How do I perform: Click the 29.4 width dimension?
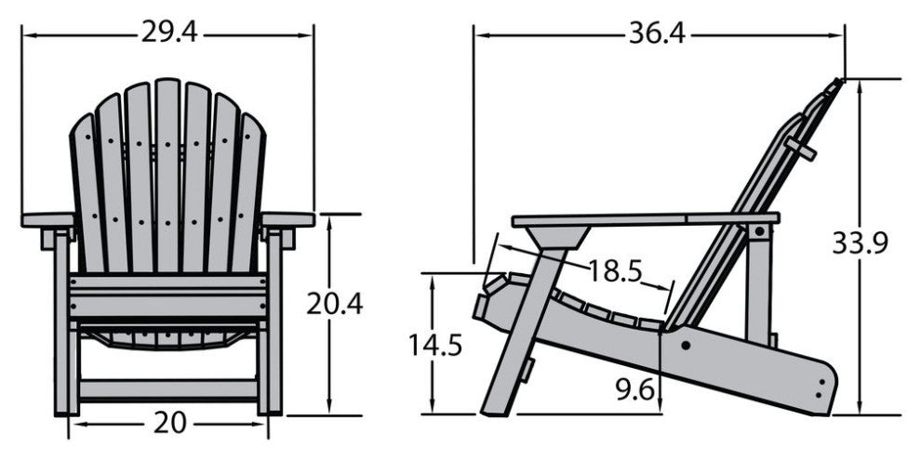[169, 33]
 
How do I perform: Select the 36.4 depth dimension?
[658, 34]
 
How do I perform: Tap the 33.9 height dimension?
[860, 243]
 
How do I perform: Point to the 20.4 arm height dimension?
[334, 304]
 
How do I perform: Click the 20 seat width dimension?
[169, 423]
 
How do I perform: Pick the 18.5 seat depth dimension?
[615, 271]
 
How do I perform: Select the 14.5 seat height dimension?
[435, 345]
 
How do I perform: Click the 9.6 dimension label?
[635, 389]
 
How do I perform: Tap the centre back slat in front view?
[168, 177]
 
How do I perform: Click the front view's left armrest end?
[48, 219]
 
